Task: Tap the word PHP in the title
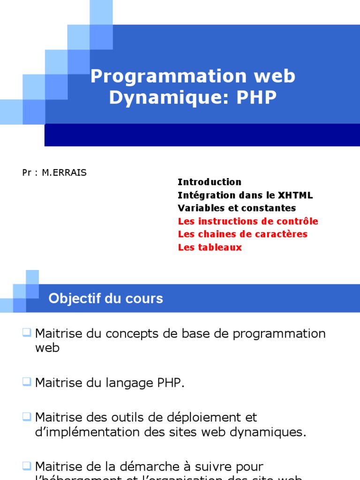pyautogui.click(x=256, y=98)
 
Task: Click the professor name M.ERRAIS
pyautogui.click(x=64, y=172)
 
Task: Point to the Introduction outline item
pyautogui.click(x=210, y=182)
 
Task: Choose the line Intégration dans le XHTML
pyautogui.click(x=245, y=195)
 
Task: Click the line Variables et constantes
pyautogui.click(x=237, y=208)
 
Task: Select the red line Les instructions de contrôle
pyautogui.click(x=248, y=221)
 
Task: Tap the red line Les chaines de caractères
pyautogui.click(x=243, y=234)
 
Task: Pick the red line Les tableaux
pyautogui.click(x=210, y=247)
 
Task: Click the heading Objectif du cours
pyautogui.click(x=106, y=299)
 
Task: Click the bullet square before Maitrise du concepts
pyautogui.click(x=26, y=333)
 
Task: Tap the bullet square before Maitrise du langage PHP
pyautogui.click(x=26, y=382)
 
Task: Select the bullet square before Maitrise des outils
pyautogui.click(x=26, y=416)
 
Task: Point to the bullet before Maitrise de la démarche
pyautogui.click(x=26, y=466)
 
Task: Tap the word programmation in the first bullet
pyautogui.click(x=279, y=334)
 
